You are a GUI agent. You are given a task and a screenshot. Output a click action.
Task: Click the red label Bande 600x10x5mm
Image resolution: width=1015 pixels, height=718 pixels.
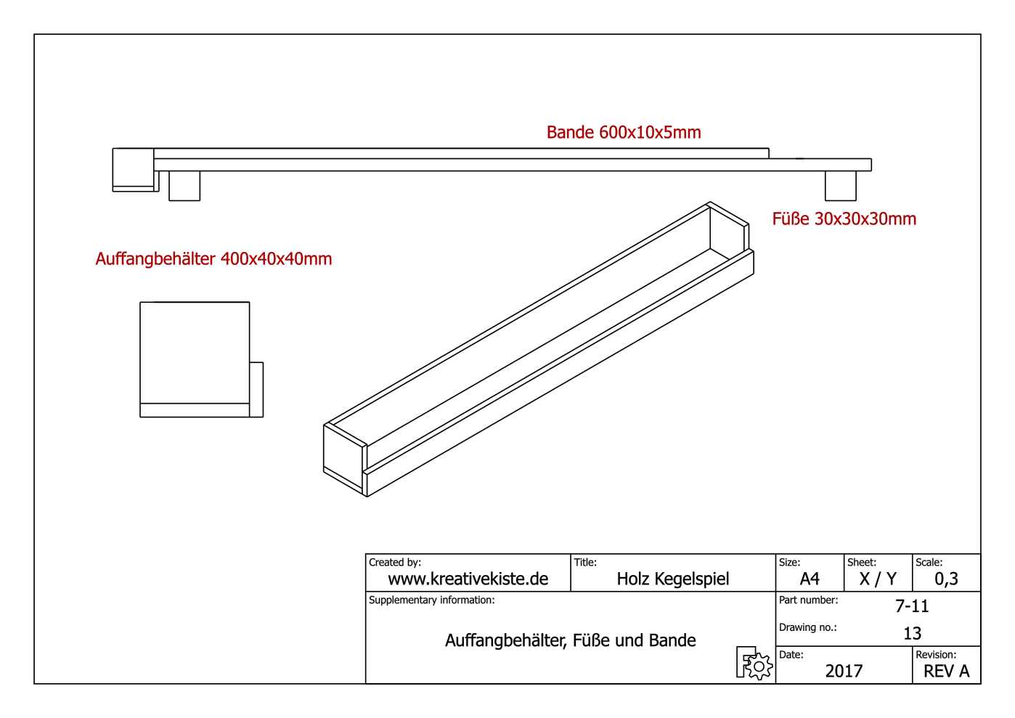coord(624,132)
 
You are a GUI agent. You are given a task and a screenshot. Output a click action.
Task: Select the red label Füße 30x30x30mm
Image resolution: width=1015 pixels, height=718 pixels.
coord(844,219)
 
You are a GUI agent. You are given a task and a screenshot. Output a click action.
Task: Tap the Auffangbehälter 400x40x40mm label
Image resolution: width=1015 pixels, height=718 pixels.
coord(213,258)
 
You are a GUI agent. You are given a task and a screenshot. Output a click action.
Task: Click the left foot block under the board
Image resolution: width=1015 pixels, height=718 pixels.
coord(184,186)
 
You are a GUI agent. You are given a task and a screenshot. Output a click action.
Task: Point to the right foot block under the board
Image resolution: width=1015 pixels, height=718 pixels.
coord(841,186)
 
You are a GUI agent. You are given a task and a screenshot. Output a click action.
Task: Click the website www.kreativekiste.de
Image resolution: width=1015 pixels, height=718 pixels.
coord(468,579)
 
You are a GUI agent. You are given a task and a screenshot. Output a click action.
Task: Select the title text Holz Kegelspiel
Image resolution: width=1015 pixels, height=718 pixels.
coord(673,579)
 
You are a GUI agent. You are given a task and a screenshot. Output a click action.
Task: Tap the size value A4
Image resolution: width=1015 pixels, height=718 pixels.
coord(810,579)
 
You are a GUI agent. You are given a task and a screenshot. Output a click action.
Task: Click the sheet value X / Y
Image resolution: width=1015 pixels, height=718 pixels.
coord(878,579)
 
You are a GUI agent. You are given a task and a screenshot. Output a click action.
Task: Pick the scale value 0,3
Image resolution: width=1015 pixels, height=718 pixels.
coord(946,579)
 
